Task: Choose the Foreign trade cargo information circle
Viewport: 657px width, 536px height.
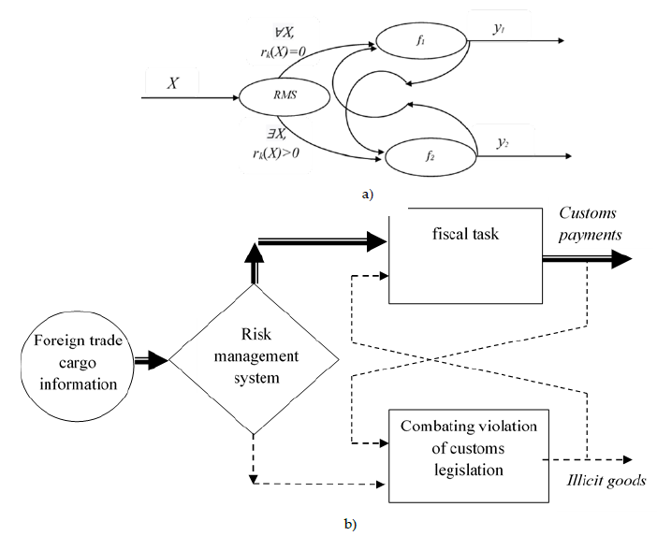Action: coord(63,358)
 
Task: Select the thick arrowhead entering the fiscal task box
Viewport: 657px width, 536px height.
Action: coord(375,241)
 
